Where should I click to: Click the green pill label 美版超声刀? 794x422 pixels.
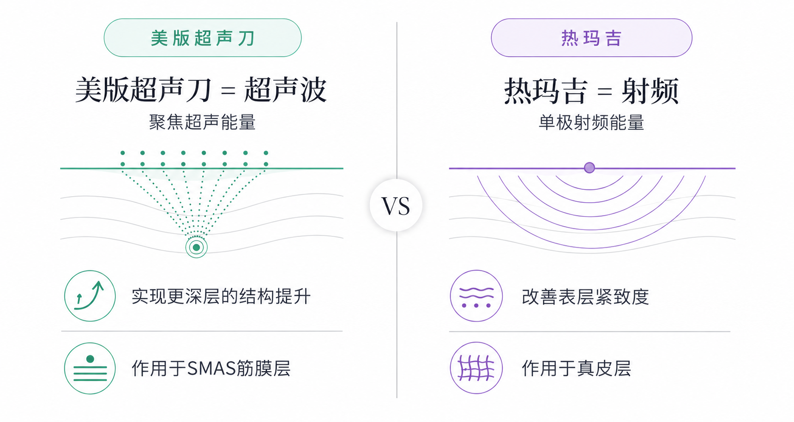pyautogui.click(x=203, y=38)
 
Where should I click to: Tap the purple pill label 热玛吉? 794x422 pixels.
pyautogui.click(x=591, y=38)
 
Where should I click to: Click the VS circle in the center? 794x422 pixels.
pyautogui.click(x=396, y=205)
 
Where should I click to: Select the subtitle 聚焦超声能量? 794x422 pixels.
pyautogui.click(x=202, y=122)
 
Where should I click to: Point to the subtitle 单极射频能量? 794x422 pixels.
pyautogui.click(x=591, y=123)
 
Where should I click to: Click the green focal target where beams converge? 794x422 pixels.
pyautogui.click(x=196, y=247)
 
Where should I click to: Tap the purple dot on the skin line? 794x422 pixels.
pyautogui.click(x=589, y=168)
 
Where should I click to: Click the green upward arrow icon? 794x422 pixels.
pyautogui.click(x=90, y=296)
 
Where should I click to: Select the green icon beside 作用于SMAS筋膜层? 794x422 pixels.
pyautogui.click(x=90, y=368)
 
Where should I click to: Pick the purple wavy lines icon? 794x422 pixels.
pyautogui.click(x=476, y=296)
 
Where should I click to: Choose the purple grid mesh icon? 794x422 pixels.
pyautogui.click(x=476, y=368)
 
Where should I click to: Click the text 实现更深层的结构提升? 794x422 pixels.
pyautogui.click(x=221, y=296)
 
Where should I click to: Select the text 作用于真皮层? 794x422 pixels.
pyautogui.click(x=576, y=368)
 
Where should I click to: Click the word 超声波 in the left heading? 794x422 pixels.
pyautogui.click(x=285, y=90)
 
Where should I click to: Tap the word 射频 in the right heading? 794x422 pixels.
pyautogui.click(x=650, y=90)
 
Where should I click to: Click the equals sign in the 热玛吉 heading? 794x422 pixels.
pyautogui.click(x=604, y=91)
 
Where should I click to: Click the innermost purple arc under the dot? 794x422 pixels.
pyautogui.click(x=590, y=189)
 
